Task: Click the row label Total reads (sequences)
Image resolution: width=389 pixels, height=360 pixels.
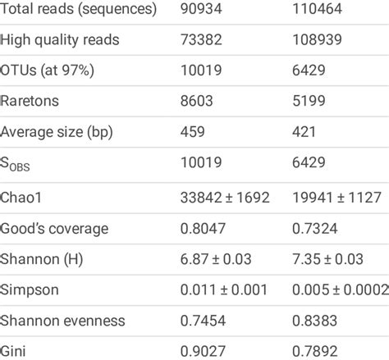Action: tap(79, 11)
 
